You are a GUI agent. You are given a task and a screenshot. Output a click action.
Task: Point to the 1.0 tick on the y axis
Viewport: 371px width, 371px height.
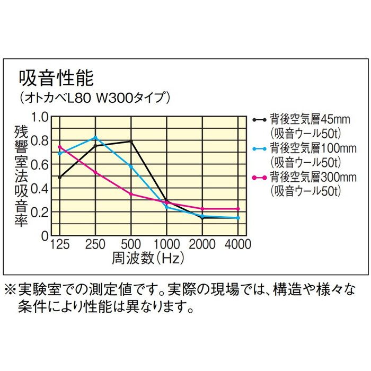click(x=41, y=117)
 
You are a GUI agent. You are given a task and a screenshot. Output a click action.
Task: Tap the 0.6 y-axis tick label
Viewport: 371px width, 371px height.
click(x=41, y=165)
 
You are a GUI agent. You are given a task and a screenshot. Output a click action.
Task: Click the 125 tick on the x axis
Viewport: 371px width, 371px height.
click(x=59, y=245)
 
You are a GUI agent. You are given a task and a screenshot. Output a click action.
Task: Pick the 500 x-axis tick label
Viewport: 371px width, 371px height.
click(x=131, y=245)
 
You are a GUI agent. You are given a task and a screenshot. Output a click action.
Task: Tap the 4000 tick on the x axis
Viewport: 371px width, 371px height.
click(x=238, y=245)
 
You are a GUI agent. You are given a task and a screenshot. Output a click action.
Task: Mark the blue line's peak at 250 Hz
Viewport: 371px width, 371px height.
click(x=95, y=138)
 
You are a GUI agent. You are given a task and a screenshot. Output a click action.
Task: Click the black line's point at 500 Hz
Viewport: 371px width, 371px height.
click(x=131, y=142)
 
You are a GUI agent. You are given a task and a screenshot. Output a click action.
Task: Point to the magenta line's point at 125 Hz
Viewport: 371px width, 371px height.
click(x=59, y=147)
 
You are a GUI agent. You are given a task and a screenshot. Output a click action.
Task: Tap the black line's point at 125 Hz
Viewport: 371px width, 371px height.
click(x=59, y=178)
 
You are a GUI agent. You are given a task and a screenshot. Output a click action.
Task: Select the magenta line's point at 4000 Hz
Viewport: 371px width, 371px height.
click(x=238, y=209)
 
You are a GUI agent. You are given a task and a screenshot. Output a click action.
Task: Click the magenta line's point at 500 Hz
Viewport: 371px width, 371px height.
click(x=131, y=194)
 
